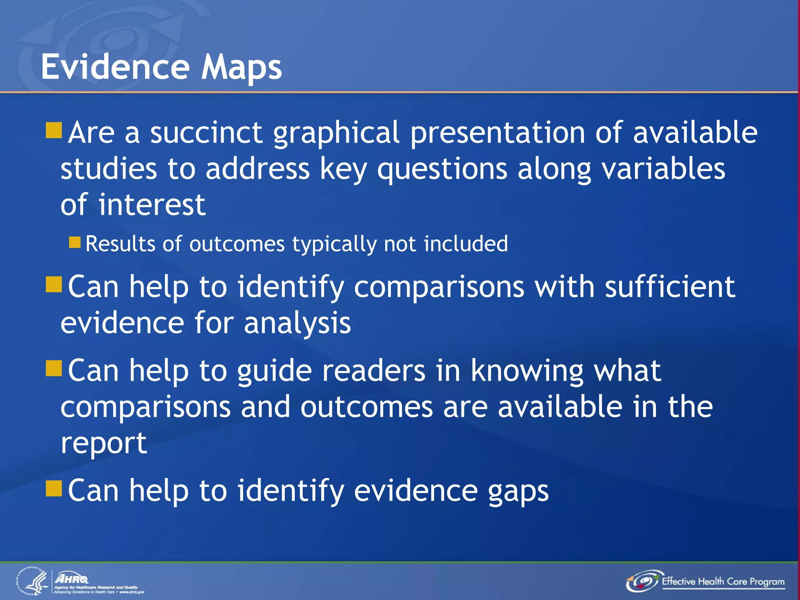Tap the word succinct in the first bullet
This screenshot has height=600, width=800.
click(x=206, y=133)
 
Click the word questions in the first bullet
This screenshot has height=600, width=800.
click(x=442, y=170)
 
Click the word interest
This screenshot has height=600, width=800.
click(x=152, y=205)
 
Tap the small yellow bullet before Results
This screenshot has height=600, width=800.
click(x=75, y=243)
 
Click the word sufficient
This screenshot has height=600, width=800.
click(x=670, y=287)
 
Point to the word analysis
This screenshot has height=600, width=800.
click(x=297, y=323)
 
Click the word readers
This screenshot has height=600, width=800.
click(x=373, y=370)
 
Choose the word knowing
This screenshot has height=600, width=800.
click(x=527, y=371)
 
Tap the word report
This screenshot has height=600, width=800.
click(x=104, y=444)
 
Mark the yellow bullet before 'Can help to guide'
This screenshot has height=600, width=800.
click(x=54, y=368)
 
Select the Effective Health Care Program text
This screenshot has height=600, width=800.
click(x=723, y=582)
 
